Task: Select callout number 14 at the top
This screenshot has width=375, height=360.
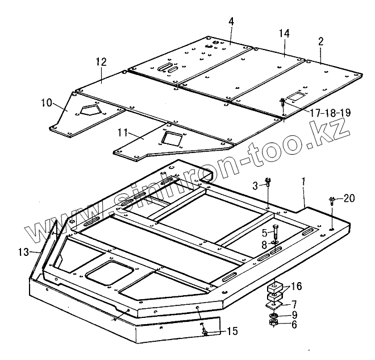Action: (284, 34)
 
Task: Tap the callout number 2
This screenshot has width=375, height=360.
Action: (321, 41)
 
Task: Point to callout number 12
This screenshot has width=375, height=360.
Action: (101, 61)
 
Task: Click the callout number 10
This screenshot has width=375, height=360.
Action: (46, 103)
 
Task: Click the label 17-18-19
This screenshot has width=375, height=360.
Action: (330, 113)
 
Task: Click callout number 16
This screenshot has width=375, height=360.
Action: (297, 286)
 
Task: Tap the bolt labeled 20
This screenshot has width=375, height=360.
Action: (331, 200)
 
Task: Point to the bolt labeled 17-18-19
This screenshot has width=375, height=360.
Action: (282, 103)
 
